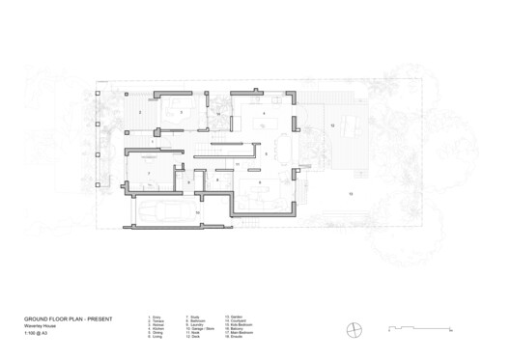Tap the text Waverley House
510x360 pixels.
pyautogui.click(x=44, y=324)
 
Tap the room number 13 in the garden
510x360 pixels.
pyautogui.click(x=351, y=195)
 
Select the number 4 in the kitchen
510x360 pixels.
pyautogui.click(x=264, y=113)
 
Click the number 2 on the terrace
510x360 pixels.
pyautogui.click(x=141, y=114)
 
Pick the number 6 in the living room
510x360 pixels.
pyautogui.click(x=260, y=180)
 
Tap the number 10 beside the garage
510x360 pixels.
pyautogui.click(x=197, y=211)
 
